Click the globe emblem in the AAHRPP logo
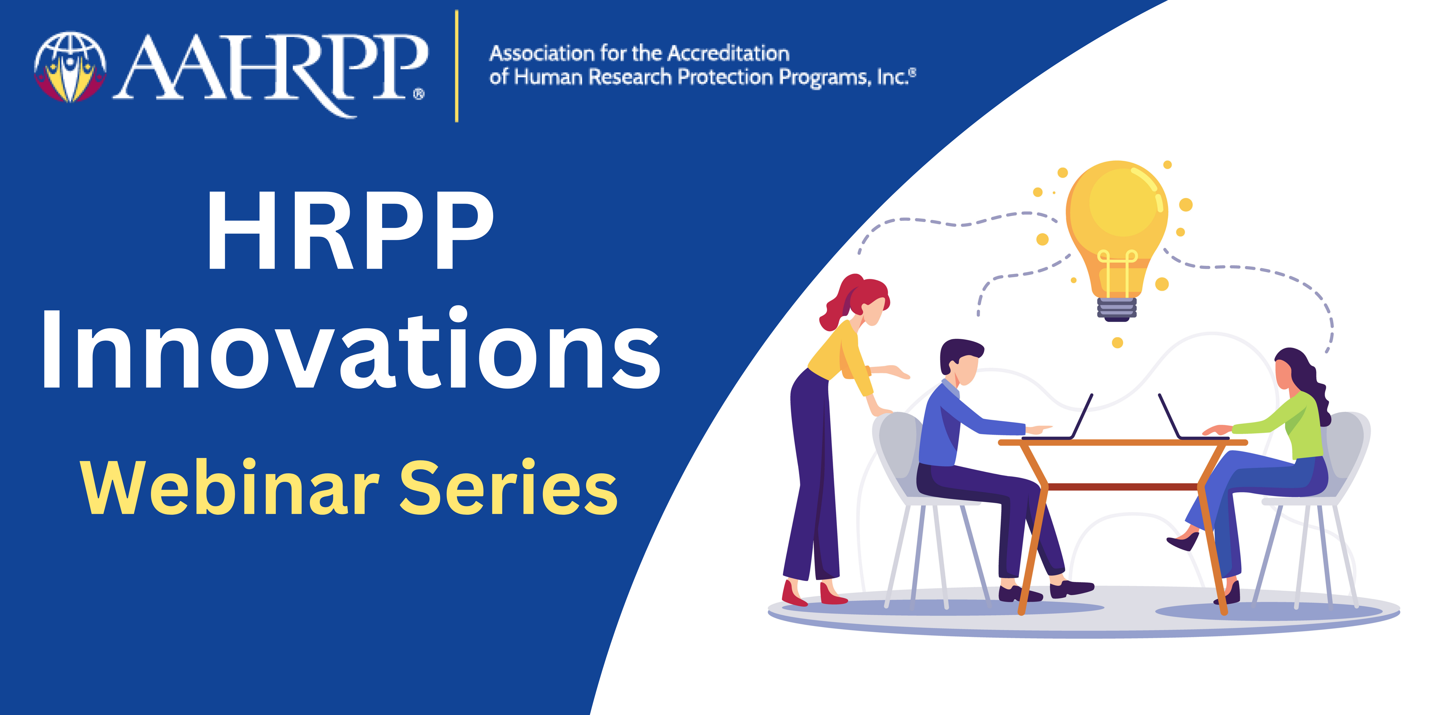[70, 67]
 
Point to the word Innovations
[351, 348]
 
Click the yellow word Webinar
[229, 487]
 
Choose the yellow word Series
[508, 487]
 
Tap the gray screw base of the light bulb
[1117, 309]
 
